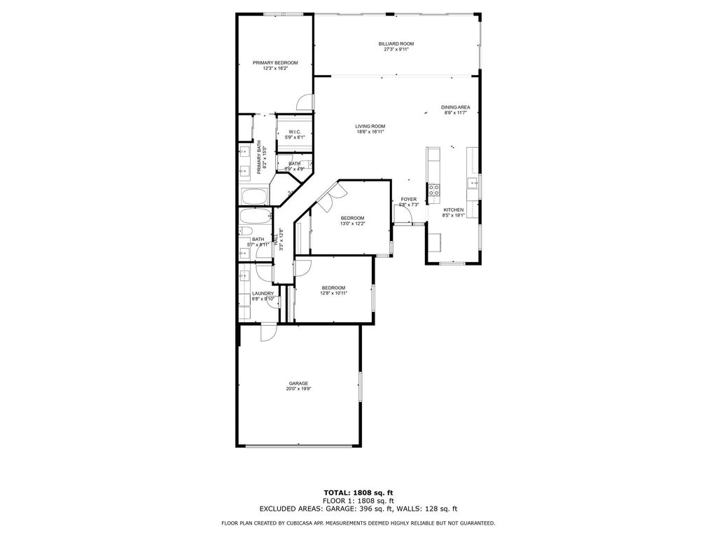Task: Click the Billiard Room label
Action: (396, 43)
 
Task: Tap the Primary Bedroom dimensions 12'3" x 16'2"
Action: (270, 69)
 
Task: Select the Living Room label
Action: (370, 126)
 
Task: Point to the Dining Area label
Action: (455, 107)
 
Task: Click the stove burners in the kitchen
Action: (433, 189)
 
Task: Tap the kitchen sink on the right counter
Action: (473, 184)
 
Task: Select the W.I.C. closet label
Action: (295, 132)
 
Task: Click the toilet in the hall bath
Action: (246, 230)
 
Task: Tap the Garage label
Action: (298, 383)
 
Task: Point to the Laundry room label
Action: (263, 294)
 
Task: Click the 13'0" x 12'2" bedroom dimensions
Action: (352, 223)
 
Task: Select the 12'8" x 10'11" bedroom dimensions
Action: (334, 293)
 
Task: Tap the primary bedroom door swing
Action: (303, 104)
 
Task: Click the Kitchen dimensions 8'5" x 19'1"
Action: (453, 216)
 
